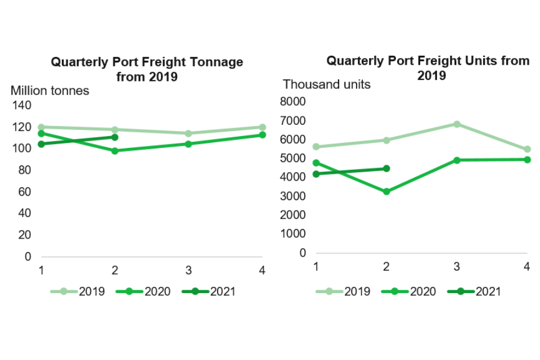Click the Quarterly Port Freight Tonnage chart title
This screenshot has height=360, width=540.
tap(147, 69)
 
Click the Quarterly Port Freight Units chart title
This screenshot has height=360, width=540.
tap(428, 67)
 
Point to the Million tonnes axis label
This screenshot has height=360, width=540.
tap(50, 91)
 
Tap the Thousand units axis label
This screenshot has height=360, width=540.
tap(326, 84)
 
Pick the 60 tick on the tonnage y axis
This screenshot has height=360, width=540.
tap(25, 192)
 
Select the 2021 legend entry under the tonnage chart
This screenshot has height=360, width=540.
tap(209, 291)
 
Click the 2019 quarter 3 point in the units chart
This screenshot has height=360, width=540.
tap(457, 124)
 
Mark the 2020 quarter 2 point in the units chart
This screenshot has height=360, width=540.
tap(386, 192)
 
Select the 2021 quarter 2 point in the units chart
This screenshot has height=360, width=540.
tap(386, 168)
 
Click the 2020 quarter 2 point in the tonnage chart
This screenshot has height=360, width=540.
tap(115, 151)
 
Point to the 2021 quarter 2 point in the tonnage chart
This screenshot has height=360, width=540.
tap(115, 137)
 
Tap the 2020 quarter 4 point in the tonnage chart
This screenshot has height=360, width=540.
tap(262, 135)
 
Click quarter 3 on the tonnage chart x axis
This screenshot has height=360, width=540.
tap(188, 271)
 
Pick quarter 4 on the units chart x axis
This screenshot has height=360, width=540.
tap(527, 267)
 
